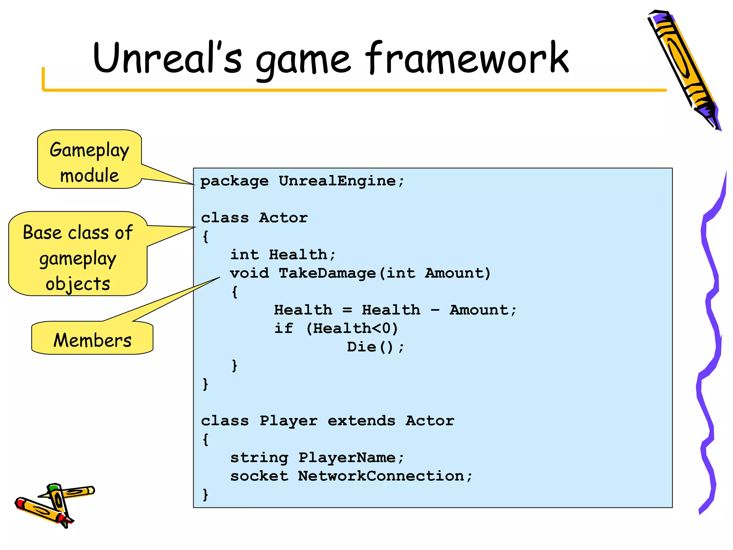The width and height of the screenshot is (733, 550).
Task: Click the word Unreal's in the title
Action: click(x=167, y=58)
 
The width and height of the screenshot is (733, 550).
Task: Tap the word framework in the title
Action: click(x=467, y=58)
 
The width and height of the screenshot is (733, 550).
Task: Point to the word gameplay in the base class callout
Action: click(x=78, y=259)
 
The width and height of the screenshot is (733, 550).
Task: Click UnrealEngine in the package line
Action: click(x=337, y=181)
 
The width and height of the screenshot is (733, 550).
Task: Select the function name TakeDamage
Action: click(x=327, y=273)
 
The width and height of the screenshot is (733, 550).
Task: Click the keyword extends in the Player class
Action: click(x=361, y=420)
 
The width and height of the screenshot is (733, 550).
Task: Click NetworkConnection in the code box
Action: click(x=381, y=476)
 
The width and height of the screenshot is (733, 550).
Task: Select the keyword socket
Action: click(x=259, y=476)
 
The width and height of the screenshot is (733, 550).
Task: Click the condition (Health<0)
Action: click(x=352, y=328)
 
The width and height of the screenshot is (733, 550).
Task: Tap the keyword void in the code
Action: click(x=249, y=273)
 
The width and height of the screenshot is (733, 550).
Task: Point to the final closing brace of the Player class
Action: click(x=205, y=494)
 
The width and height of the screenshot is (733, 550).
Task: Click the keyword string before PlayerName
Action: click(x=259, y=458)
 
